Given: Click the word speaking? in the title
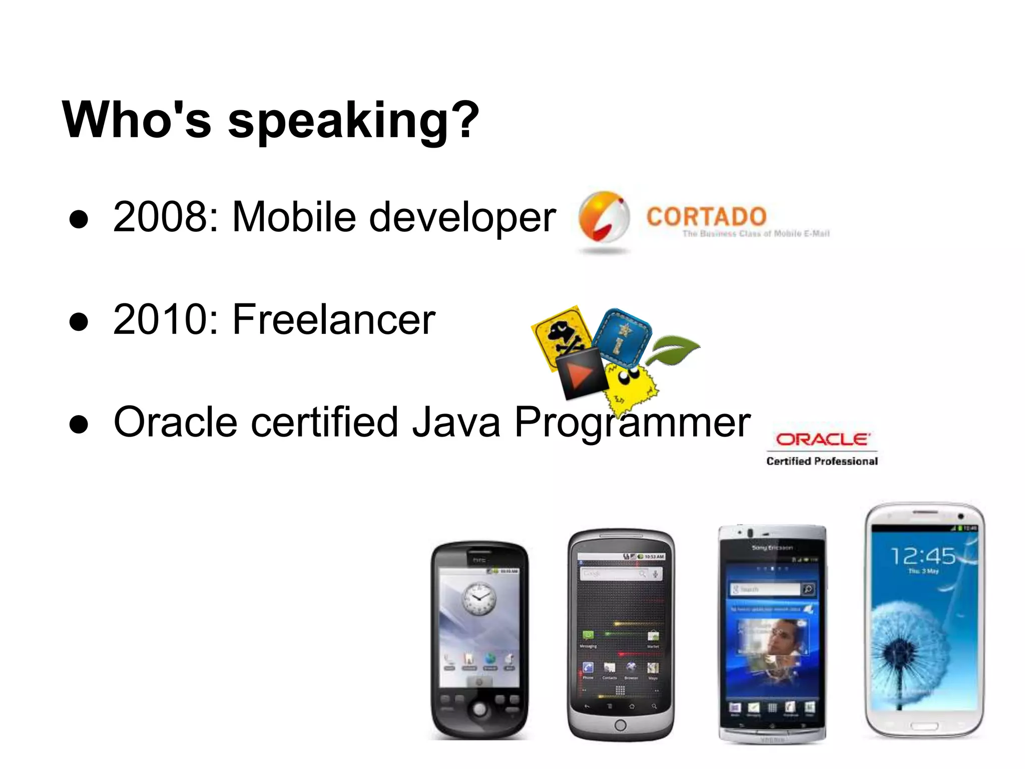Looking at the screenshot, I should [353, 121].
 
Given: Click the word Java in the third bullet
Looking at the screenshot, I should [456, 422].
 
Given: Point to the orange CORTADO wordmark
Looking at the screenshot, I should [706, 217].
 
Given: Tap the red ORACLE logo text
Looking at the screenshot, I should [823, 440].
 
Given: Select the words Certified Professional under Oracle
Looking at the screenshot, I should [822, 461].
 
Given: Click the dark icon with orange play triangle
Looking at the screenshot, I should [582, 373].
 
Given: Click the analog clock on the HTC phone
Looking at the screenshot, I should [478, 599].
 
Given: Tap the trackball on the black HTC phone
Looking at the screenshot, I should [479, 708].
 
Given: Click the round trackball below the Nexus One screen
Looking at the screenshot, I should [620, 724].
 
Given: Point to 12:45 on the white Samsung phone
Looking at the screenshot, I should [923, 556].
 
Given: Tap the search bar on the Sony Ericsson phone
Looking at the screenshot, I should [766, 589].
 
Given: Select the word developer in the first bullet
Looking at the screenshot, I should [462, 217].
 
